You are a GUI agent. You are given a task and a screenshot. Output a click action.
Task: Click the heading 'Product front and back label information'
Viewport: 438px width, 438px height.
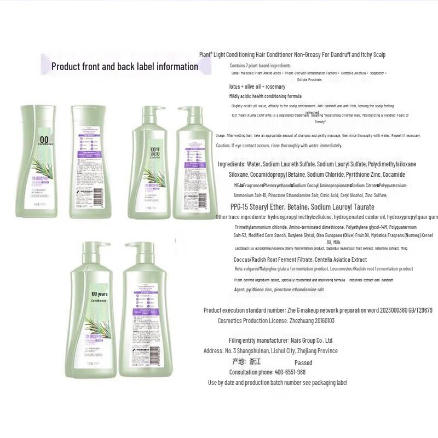[124, 67]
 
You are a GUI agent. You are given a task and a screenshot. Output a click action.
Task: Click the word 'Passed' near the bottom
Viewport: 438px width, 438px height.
[303, 362]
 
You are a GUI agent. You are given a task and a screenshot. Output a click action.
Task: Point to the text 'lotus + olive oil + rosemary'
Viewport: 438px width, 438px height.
[257, 87]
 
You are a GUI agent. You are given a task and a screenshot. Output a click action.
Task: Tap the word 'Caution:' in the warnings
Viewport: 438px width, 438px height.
[223, 146]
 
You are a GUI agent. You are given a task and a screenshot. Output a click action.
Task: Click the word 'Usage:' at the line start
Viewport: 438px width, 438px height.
[221, 135]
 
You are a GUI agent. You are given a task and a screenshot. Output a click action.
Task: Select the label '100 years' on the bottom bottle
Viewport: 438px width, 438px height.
[99, 294]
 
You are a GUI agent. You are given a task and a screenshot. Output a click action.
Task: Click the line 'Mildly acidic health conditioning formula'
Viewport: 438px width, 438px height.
[266, 96]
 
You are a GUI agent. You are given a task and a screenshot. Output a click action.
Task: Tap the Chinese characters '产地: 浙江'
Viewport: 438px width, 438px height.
[246, 362]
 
